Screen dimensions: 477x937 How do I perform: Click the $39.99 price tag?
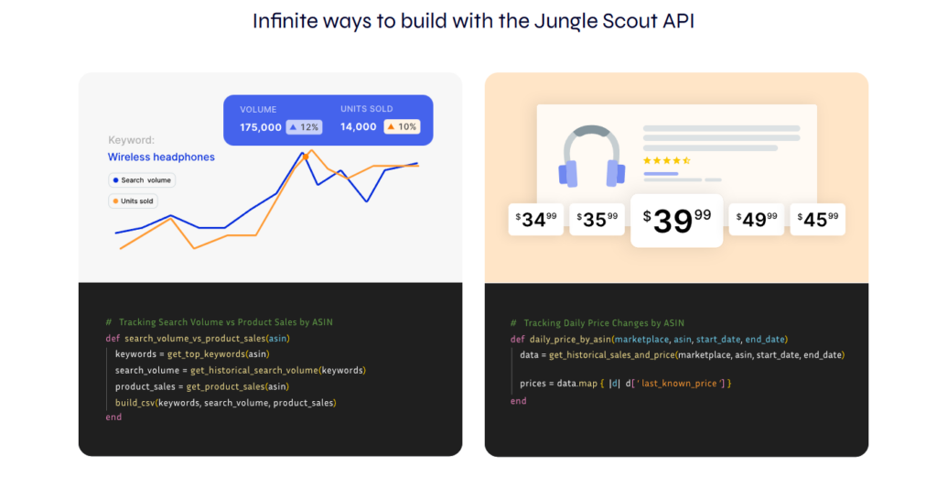(677, 220)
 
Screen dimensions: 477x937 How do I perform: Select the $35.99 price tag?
(598, 219)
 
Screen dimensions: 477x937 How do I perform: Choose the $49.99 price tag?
(756, 219)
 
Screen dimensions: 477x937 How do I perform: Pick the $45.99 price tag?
(817, 219)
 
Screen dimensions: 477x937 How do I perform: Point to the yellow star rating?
(666, 160)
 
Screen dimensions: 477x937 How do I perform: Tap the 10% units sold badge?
(402, 127)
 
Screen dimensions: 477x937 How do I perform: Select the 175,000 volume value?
(261, 127)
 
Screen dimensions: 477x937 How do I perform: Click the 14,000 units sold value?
(359, 127)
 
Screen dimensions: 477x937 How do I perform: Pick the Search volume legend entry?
(142, 180)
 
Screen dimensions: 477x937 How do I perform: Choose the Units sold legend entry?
(134, 201)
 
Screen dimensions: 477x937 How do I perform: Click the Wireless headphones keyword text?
(161, 157)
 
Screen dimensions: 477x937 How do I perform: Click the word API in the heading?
(673, 21)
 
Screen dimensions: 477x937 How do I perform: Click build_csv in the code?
(135, 403)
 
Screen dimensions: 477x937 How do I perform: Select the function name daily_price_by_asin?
(569, 339)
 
